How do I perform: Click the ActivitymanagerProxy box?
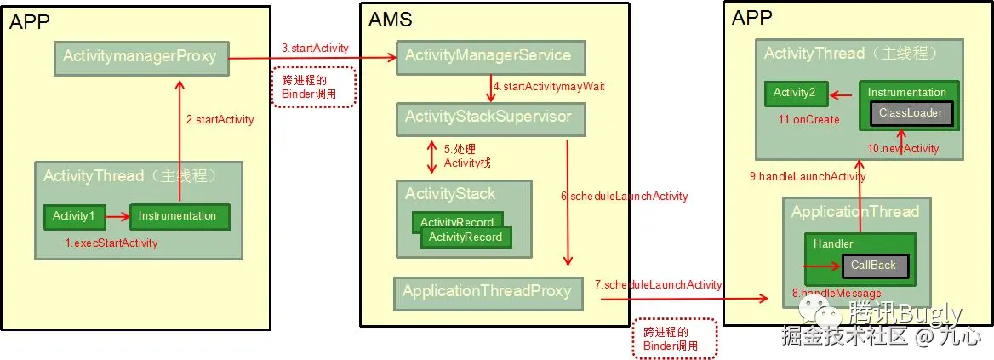pyautogui.click(x=140, y=57)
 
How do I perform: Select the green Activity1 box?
pyautogui.click(x=73, y=216)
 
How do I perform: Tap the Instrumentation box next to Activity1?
pyautogui.click(x=179, y=216)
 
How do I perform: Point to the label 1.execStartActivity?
pyautogui.click(x=111, y=243)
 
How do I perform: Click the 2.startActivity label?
pyautogui.click(x=220, y=120)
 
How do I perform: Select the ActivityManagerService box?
pyautogui.click(x=488, y=55)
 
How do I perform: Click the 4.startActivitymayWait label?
pyautogui.click(x=549, y=87)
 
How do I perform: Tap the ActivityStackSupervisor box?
pyautogui.click(x=488, y=117)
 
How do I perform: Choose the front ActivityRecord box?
pyautogui.click(x=466, y=237)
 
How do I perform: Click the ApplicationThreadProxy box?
pyautogui.click(x=487, y=291)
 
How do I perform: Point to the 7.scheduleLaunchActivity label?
pyautogui.click(x=658, y=284)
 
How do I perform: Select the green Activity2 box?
pyautogui.click(x=795, y=93)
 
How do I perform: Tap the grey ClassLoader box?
pyautogui.click(x=905, y=112)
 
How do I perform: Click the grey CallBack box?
pyautogui.click(x=873, y=266)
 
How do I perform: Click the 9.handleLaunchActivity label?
pyautogui.click(x=807, y=177)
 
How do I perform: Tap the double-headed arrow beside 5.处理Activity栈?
pyautogui.click(x=431, y=156)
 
